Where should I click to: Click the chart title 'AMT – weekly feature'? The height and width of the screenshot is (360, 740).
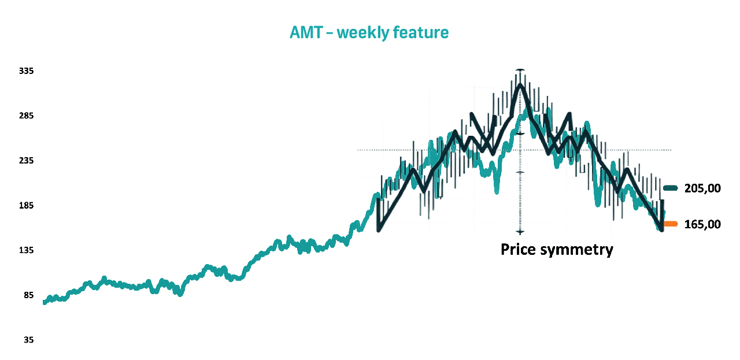369,33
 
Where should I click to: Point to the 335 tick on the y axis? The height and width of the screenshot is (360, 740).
27,71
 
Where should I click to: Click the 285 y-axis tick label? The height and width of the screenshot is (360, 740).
27,116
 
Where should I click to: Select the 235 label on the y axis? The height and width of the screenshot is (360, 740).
27,161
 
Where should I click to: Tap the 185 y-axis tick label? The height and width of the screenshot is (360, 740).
27,206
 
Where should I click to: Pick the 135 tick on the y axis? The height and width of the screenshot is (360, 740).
27,250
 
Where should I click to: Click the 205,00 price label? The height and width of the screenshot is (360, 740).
702,188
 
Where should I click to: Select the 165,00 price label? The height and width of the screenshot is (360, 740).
702,224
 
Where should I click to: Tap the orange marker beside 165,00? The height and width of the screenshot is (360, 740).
671,224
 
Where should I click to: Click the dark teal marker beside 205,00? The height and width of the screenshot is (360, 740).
671,187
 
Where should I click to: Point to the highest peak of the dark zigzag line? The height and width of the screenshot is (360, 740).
521,85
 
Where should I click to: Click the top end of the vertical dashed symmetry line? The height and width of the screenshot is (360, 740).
521,70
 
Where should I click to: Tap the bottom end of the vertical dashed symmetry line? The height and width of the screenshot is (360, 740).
521,232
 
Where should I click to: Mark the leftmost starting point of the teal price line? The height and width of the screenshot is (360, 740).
45,302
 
